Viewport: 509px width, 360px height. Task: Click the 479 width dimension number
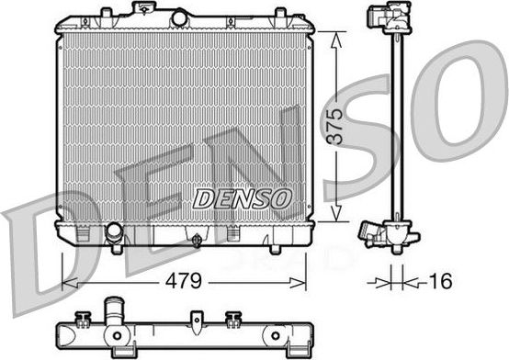(x=184, y=280)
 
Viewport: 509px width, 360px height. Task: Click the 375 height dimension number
(x=334, y=127)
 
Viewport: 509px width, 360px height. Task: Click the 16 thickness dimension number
(x=440, y=281)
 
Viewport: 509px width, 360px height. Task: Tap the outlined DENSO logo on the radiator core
(x=243, y=198)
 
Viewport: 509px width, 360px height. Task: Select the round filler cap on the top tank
(x=179, y=18)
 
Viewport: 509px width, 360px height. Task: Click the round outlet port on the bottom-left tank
(x=114, y=231)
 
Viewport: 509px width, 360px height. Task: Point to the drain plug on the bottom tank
(x=197, y=241)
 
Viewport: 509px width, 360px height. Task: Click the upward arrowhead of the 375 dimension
(x=336, y=41)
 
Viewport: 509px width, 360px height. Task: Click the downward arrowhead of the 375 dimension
(x=336, y=212)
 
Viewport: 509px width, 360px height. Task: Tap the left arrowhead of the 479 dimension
(x=70, y=283)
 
